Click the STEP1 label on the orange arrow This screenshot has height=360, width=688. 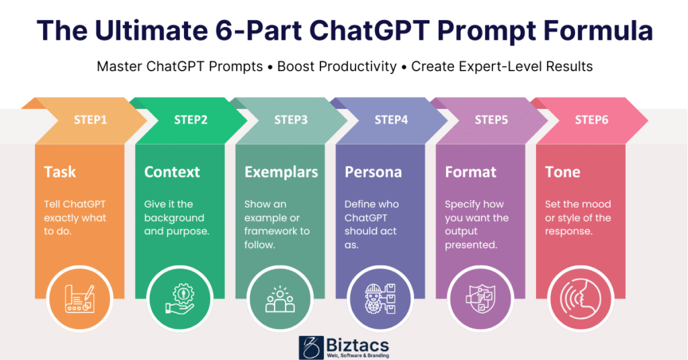90,120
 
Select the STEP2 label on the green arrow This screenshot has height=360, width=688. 191,120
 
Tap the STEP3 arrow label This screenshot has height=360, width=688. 291,120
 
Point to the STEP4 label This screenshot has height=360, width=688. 391,120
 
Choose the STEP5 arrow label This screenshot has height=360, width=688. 491,120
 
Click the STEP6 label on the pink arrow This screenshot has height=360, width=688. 592,120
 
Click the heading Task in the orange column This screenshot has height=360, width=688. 60,172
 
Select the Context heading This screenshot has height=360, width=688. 173,172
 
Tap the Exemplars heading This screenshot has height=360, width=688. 281,172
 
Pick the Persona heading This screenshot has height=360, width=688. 373,172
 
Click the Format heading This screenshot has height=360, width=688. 470,172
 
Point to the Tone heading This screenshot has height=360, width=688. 562,172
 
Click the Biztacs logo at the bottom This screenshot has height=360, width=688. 343,347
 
